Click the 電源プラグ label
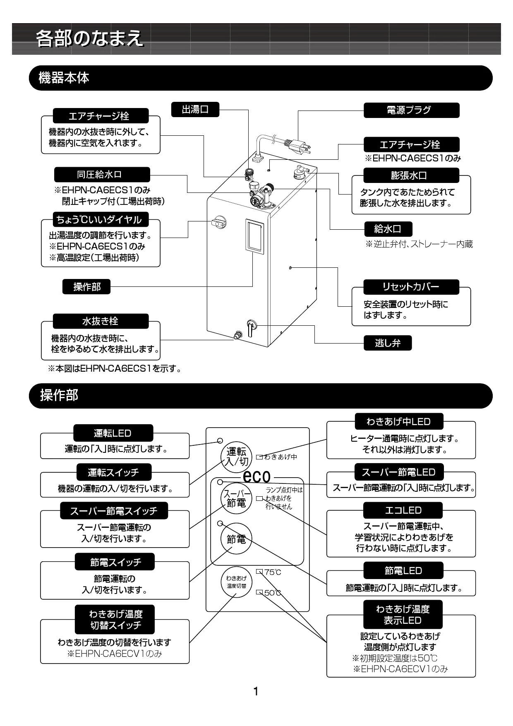tap(411, 110)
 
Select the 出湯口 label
tap(195, 110)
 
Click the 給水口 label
tap(388, 228)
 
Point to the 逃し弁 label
tap(388, 343)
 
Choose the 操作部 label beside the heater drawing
tap(86, 286)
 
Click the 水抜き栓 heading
tap(101, 321)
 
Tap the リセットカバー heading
tap(411, 286)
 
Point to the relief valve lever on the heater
tap(251, 329)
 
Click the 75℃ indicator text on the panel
tap(272, 572)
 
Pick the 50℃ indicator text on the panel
tap(272, 593)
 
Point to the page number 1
tap(256, 691)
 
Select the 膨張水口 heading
tap(411, 175)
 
